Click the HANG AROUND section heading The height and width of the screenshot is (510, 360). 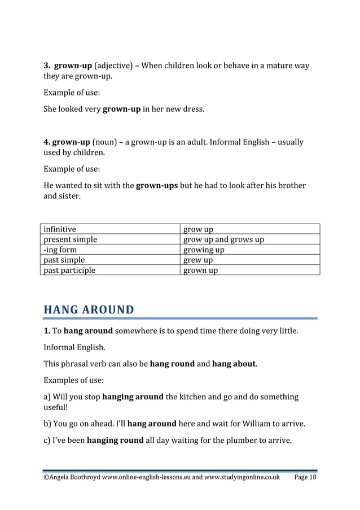click(89, 310)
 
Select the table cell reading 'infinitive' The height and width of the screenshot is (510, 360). click(60, 229)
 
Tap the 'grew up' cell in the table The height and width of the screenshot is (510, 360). click(199, 260)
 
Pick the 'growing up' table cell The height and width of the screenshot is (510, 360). click(204, 250)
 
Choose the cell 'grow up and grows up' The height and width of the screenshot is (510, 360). click(224, 239)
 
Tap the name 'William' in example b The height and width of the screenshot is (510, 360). click(270, 423)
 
